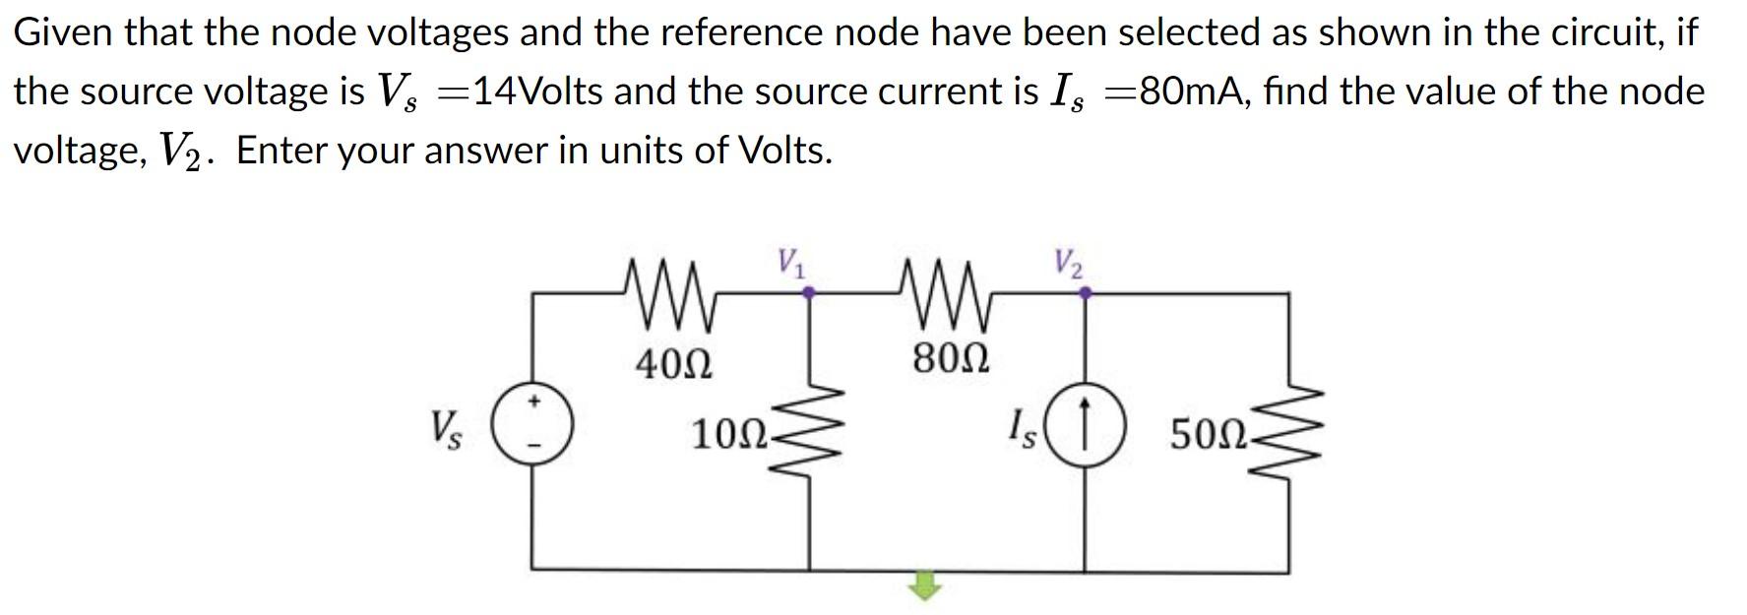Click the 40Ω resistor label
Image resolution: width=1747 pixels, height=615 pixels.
pos(673,365)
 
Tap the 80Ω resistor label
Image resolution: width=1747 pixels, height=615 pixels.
pos(951,358)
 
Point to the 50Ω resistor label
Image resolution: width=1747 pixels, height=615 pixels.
pos(1208,434)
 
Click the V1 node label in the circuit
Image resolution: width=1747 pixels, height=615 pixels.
pos(790,263)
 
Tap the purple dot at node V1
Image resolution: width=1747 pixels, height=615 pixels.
pos(809,292)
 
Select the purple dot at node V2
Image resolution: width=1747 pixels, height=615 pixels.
pos(1085,292)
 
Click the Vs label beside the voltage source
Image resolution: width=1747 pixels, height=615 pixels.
pos(445,430)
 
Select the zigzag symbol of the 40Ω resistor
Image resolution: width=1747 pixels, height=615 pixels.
pos(673,292)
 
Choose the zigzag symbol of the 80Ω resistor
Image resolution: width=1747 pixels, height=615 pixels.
pos(949,292)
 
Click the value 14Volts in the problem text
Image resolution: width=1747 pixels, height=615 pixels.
pos(537,92)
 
